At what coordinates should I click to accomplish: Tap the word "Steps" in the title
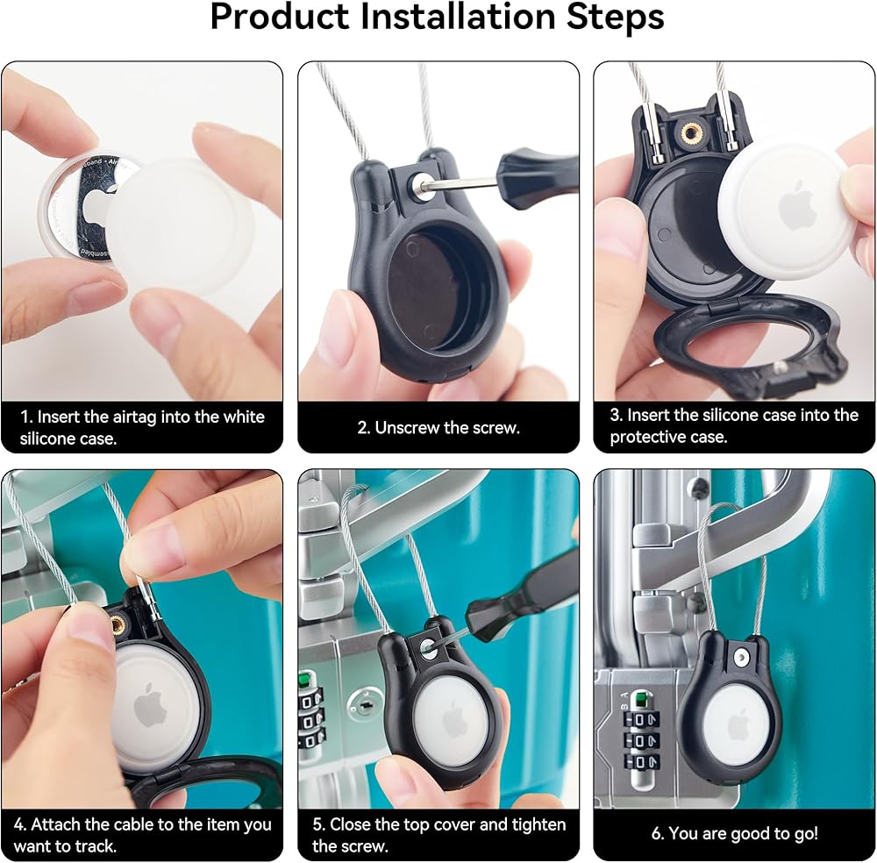616,18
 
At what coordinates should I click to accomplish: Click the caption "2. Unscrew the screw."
438,428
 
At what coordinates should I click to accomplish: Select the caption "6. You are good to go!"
734,833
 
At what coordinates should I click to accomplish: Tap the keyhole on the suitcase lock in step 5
364,706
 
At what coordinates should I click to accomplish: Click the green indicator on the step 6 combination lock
640,699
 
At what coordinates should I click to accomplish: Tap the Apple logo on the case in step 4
151,705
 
